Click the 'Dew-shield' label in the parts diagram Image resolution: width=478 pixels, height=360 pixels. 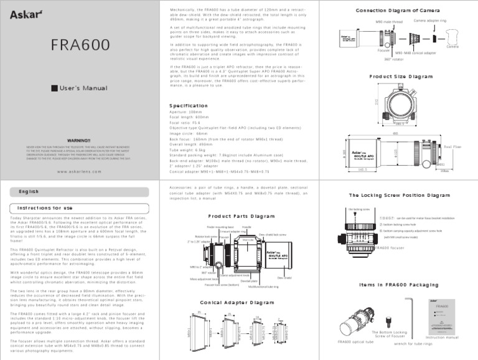tap(284, 277)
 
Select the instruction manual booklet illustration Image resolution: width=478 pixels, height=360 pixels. tap(440, 315)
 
